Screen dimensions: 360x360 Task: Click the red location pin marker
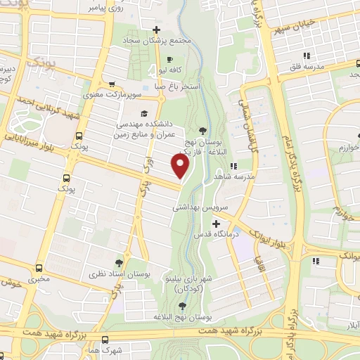[181, 165]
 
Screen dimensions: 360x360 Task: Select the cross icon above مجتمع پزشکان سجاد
[156, 30]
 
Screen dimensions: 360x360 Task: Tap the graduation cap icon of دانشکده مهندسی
[144, 112]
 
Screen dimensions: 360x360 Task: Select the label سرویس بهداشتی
[200, 209]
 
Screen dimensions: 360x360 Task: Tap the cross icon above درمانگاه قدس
[215, 223]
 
